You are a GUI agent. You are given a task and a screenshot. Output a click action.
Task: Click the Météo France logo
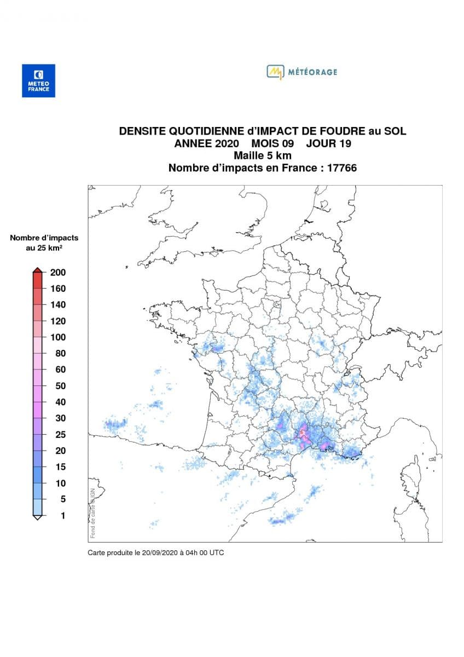(x=38, y=80)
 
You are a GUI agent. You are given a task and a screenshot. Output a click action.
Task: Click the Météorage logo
(x=301, y=72)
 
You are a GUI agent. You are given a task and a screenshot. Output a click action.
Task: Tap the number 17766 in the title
(x=341, y=168)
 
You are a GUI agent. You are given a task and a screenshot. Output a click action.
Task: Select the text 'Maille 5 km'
(x=262, y=156)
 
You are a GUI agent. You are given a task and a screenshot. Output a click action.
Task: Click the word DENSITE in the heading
(x=143, y=131)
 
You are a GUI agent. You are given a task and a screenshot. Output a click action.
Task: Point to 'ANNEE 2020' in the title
(x=207, y=144)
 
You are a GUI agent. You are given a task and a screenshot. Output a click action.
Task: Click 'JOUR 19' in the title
(x=328, y=144)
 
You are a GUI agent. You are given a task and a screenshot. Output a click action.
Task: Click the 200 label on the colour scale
(x=58, y=273)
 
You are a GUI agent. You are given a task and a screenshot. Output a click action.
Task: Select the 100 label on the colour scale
(x=58, y=337)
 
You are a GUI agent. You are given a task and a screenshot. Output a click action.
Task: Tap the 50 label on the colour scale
(x=60, y=386)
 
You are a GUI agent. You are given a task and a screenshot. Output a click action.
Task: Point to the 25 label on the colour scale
(x=60, y=435)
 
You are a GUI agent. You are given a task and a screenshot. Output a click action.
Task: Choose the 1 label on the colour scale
(x=62, y=515)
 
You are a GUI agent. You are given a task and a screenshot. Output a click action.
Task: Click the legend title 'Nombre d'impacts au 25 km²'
(x=44, y=243)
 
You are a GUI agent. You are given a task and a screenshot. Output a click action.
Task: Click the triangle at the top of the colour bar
(x=37, y=269)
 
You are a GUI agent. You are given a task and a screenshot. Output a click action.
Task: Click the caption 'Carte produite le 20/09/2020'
(x=155, y=553)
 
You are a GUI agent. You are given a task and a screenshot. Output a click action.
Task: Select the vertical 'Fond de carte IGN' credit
(x=92, y=512)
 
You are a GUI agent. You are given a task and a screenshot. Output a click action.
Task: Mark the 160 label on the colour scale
(x=58, y=289)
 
